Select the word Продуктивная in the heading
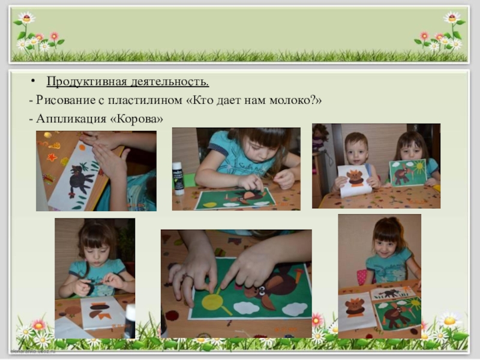tap(86, 82)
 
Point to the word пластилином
tap(145, 100)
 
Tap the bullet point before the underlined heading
tap(33, 81)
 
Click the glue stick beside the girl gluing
tap(178, 178)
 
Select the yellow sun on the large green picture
tap(214, 301)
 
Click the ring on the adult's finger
tap(187, 277)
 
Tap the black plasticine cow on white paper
tap(80, 181)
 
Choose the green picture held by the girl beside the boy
tap(408, 173)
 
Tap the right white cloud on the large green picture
tap(295, 308)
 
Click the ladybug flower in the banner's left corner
tap(26, 18)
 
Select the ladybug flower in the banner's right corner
tap(452, 17)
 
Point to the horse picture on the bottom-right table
tap(393, 293)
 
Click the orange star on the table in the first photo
tap(52, 157)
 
